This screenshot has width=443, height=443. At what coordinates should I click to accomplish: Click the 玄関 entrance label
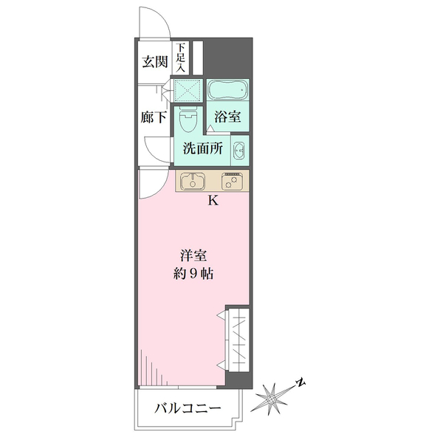pyautogui.click(x=155, y=61)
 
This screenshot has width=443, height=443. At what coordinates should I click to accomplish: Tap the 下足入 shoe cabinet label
pyautogui.click(x=181, y=57)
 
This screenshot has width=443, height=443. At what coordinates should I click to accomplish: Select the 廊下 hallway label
pyautogui.click(x=154, y=117)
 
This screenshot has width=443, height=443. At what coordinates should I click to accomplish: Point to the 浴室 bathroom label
pyautogui.click(x=227, y=117)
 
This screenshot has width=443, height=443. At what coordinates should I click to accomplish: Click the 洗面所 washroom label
pyautogui.click(x=203, y=148)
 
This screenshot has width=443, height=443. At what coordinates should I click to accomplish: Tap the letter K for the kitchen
pyautogui.click(x=213, y=201)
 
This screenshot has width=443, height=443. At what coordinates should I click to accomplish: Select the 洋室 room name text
pyautogui.click(x=193, y=255)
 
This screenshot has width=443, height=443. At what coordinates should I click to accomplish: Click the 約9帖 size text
pyautogui.click(x=193, y=273)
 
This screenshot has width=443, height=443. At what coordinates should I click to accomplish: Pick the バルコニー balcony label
pyautogui.click(x=188, y=408)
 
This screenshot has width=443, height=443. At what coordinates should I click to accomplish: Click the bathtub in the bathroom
pyautogui.click(x=228, y=89)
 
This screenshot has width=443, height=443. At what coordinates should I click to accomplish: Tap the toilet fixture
pyautogui.click(x=188, y=119)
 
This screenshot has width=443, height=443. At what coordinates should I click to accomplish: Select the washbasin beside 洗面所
pyautogui.click(x=239, y=150)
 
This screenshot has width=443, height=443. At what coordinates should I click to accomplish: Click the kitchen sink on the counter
pyautogui.click(x=193, y=181)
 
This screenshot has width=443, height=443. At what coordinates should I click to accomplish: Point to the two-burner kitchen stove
pyautogui.click(x=232, y=181)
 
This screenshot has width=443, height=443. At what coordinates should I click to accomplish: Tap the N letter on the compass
pyautogui.click(x=301, y=382)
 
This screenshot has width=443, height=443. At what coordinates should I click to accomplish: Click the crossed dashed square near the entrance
pyautogui.click(x=188, y=90)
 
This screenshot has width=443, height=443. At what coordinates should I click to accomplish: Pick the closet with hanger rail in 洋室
pyautogui.click(x=238, y=340)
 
